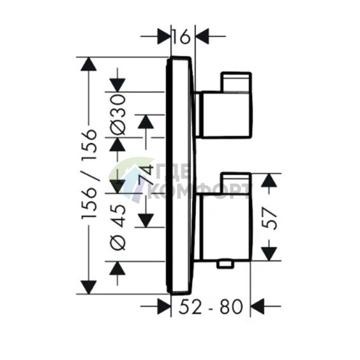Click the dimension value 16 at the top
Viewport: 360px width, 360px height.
click(182, 37)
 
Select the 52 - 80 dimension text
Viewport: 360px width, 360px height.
click(210, 306)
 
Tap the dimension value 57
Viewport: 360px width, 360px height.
click(270, 218)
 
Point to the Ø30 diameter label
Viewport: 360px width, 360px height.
click(118, 115)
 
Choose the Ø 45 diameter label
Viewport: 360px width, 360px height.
click(118, 227)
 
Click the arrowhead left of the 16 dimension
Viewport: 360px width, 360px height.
click(164, 36)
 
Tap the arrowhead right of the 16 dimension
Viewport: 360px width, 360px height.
click(202, 36)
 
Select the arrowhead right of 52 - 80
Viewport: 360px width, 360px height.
click(257, 306)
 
